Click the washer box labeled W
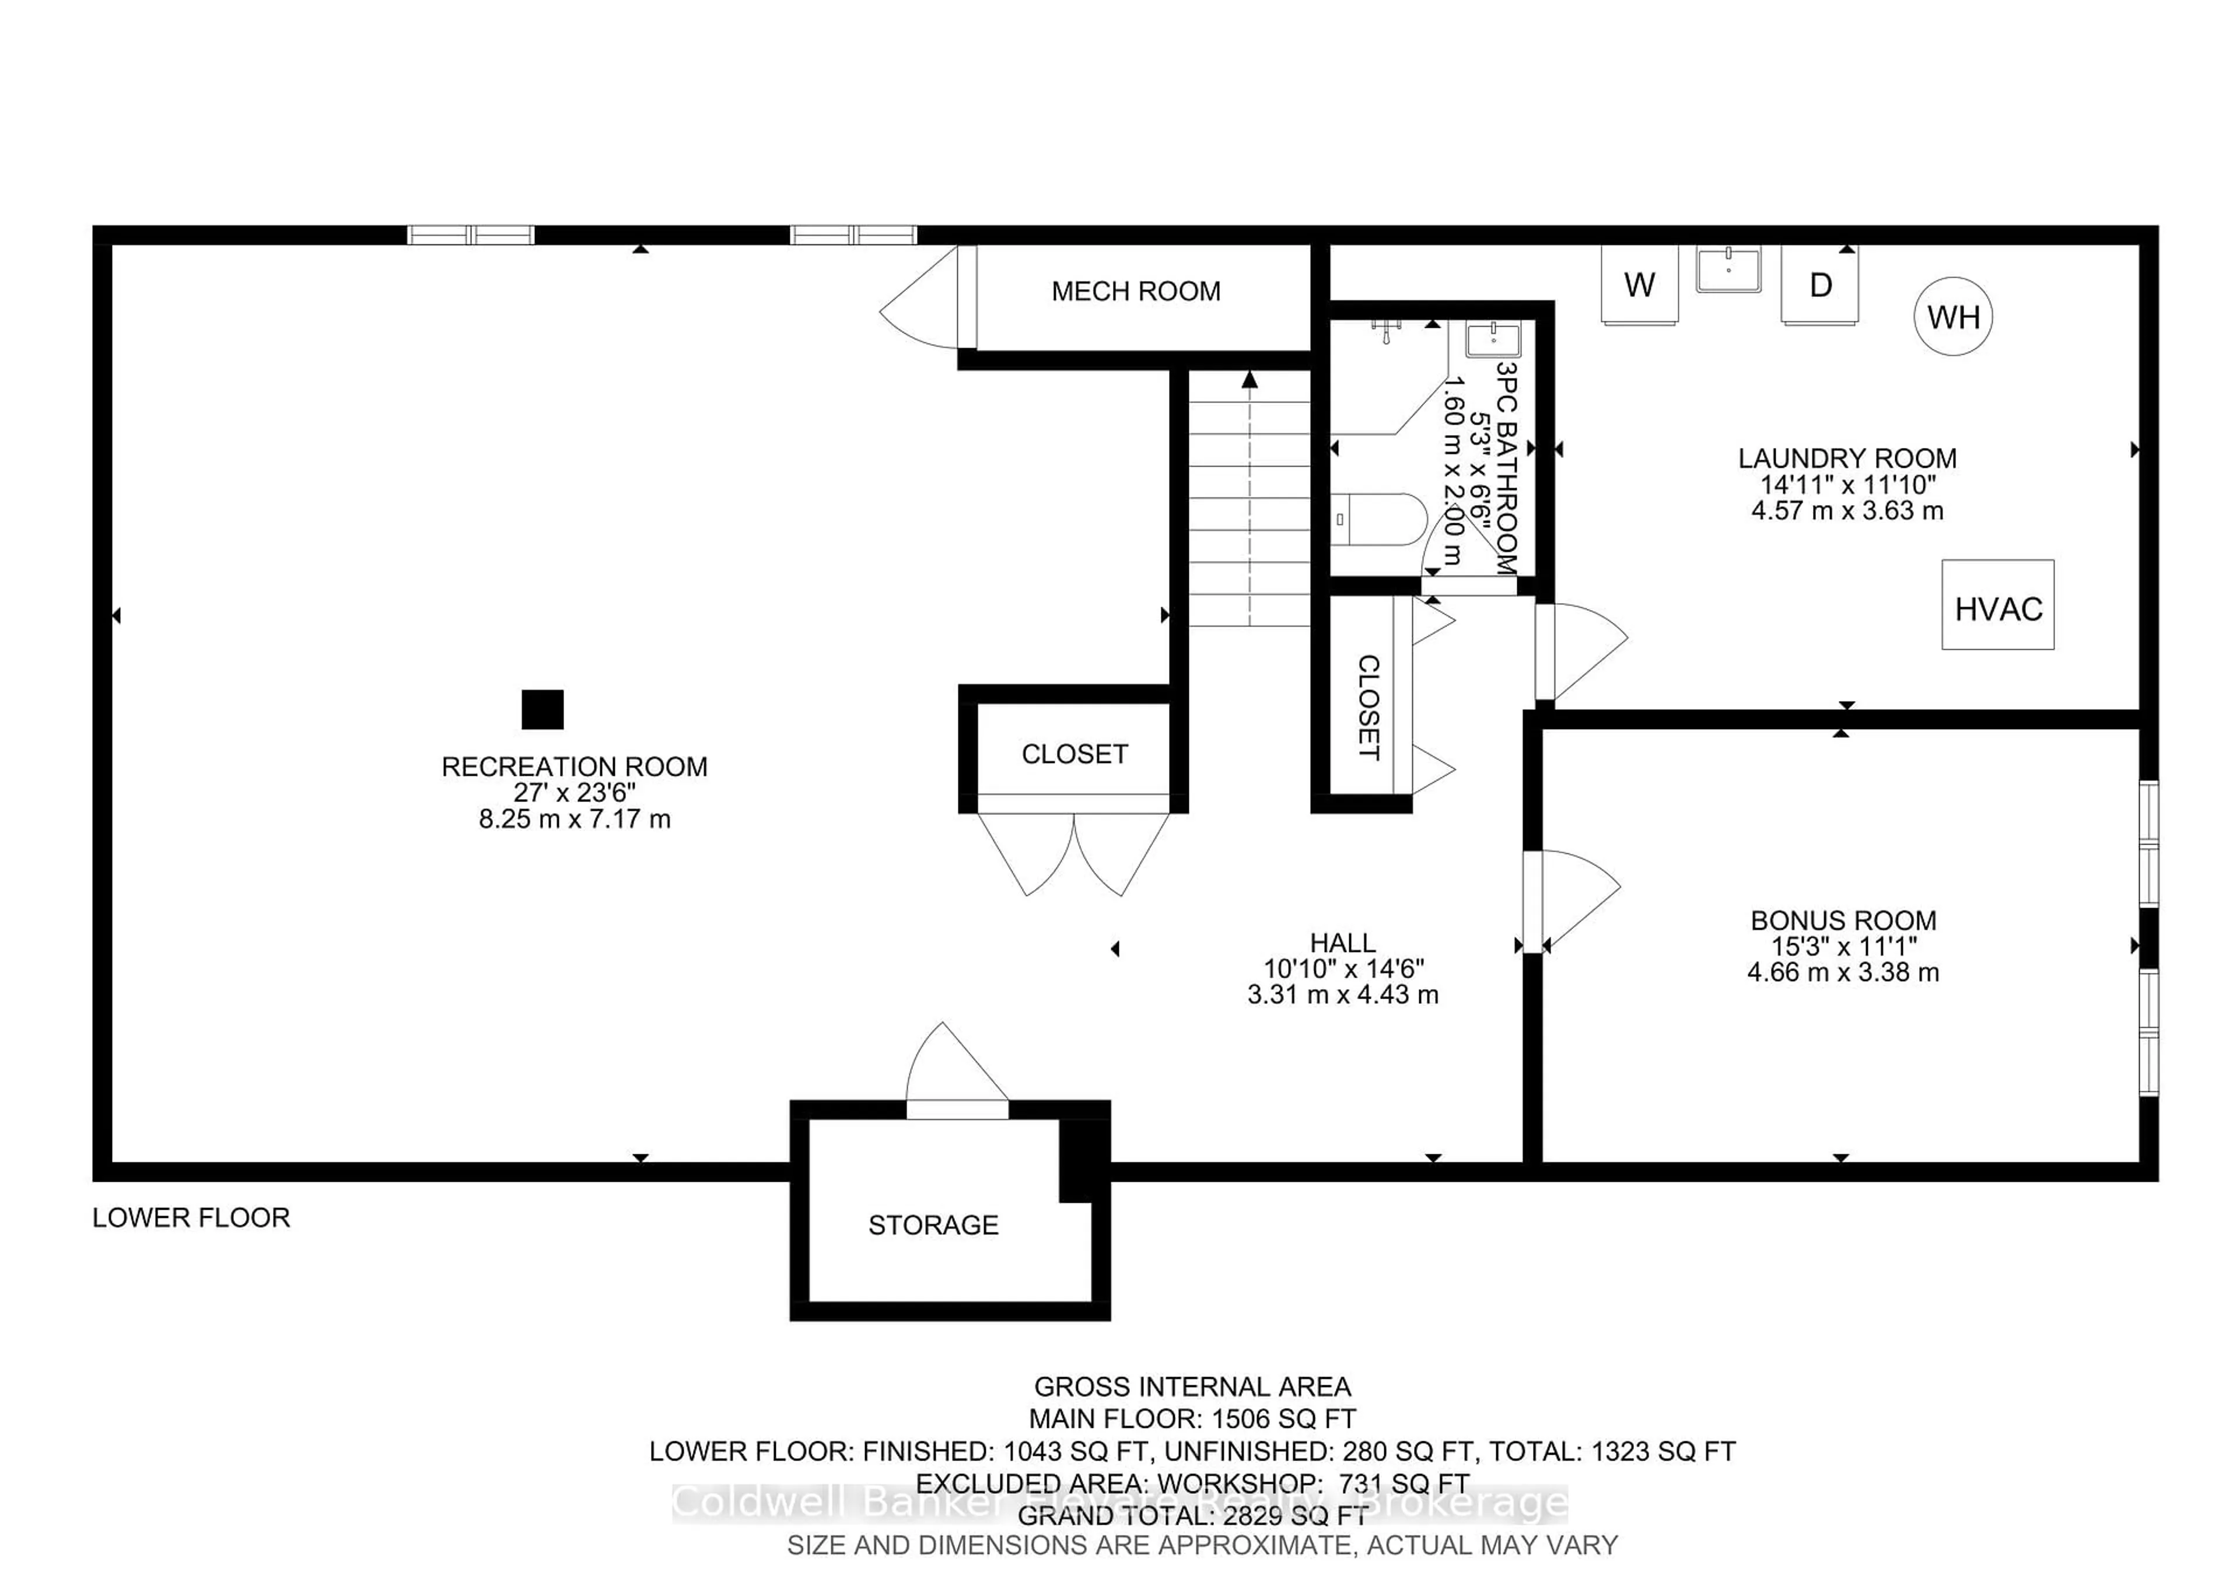[1639, 284]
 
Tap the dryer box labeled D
[1819, 284]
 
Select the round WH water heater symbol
[1953, 317]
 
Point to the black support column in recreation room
[542, 709]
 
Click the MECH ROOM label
[1136, 290]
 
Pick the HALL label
[1342, 942]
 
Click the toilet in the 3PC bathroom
[1381, 520]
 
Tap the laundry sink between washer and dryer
[1728, 269]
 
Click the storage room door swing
[951, 1068]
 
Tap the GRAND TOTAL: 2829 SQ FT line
[1192, 1516]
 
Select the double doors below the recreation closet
[1073, 849]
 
